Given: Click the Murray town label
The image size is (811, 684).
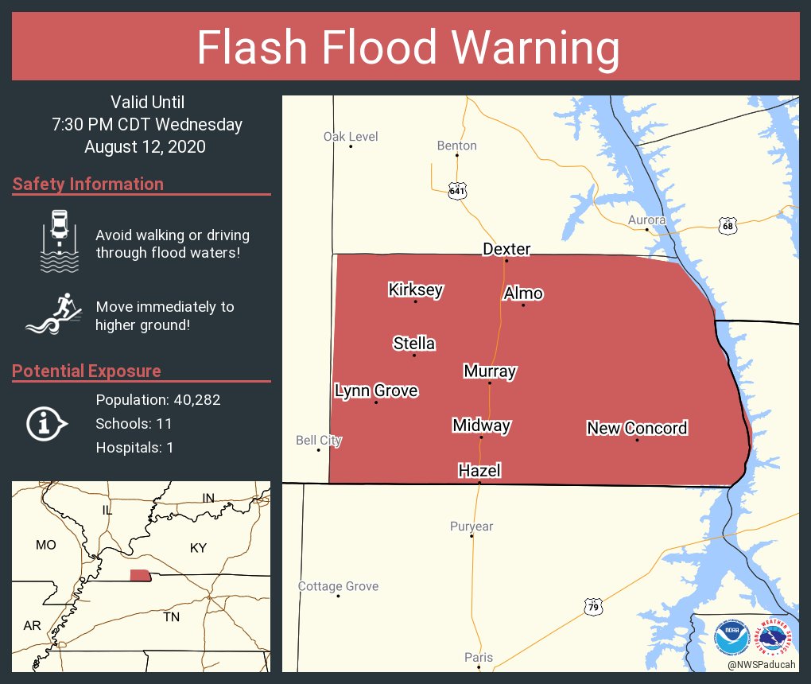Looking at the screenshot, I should (490, 371).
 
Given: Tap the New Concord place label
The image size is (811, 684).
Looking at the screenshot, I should (636, 428).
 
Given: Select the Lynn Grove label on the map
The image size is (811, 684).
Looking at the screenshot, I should (375, 391).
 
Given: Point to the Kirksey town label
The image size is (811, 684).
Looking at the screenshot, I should (415, 290).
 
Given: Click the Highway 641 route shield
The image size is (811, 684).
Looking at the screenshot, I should (456, 191).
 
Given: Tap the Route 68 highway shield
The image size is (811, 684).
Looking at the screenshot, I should (727, 226).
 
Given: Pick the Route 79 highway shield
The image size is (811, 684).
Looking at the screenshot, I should (592, 607).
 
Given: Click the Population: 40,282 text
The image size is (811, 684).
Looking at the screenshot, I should (157, 399).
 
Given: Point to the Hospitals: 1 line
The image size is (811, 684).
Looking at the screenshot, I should (134, 447).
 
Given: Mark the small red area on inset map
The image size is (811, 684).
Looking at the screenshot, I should (140, 575).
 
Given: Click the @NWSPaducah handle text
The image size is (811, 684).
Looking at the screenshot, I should (761, 664).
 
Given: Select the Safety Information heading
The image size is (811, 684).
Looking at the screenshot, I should (87, 184).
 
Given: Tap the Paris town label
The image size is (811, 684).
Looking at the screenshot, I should (479, 657).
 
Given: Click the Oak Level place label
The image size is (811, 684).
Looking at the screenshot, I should (351, 137).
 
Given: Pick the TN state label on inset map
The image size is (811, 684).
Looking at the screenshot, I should (171, 616).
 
